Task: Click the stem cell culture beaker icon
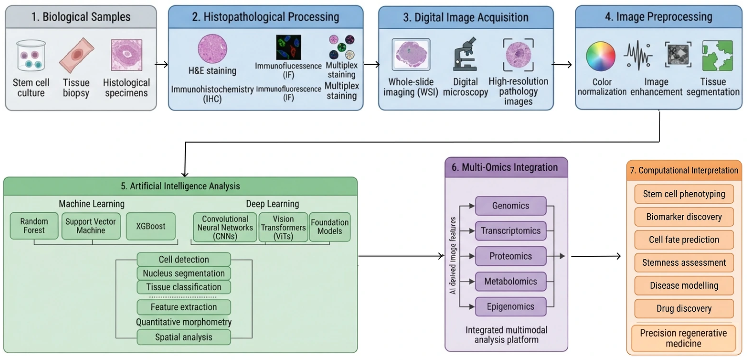coord(31,55)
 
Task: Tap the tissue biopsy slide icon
coord(77,55)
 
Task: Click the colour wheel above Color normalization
coord(601,56)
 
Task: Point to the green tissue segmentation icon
coord(717,56)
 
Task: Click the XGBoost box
coord(151,226)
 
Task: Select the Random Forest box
coord(34,226)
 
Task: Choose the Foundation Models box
coord(330,227)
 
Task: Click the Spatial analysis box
coord(184,337)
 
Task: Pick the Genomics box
coord(510,206)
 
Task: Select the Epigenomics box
coord(510,307)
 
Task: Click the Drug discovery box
coord(684,308)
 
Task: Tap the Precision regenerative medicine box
coord(683,338)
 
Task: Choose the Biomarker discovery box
coord(684,217)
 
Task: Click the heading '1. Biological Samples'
coord(81,17)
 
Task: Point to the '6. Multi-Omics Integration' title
coord(504,167)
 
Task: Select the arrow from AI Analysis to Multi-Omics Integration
coord(401,256)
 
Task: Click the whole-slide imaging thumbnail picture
coord(411,55)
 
